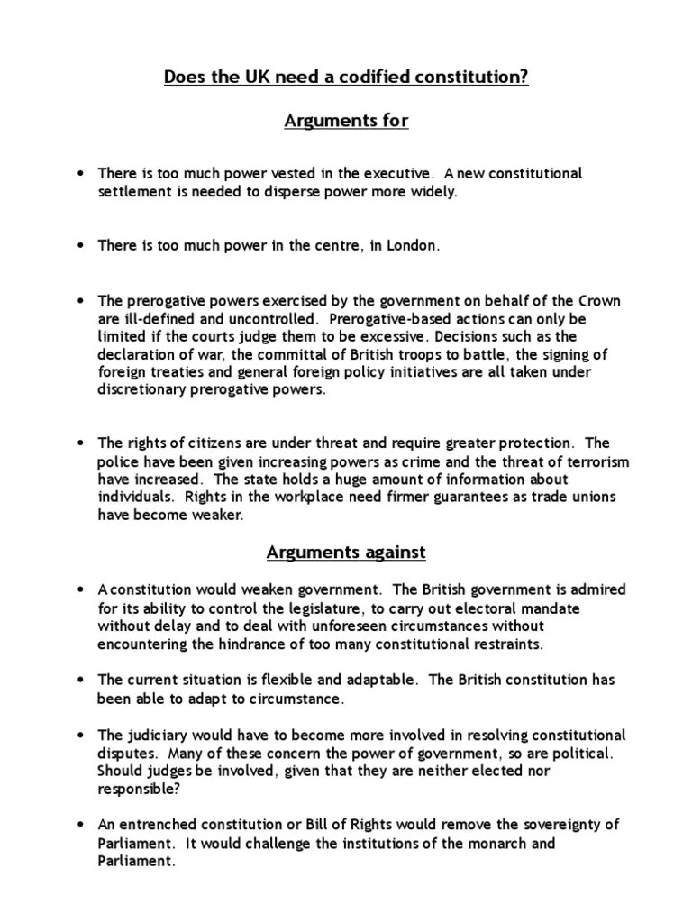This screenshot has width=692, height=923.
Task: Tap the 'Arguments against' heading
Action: point(345,551)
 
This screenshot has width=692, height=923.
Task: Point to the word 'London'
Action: point(414,246)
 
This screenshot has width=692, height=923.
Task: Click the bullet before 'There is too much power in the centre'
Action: point(82,246)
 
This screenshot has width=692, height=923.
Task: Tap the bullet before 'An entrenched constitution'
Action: point(82,825)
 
